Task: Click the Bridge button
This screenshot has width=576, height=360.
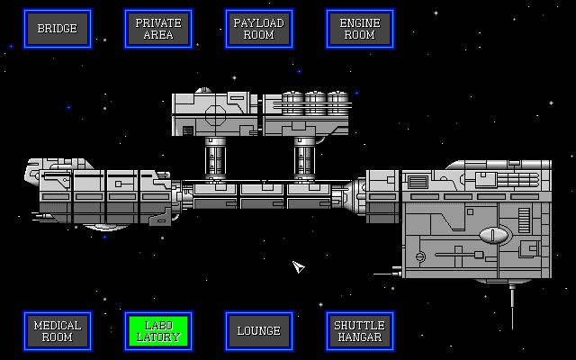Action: click(x=57, y=29)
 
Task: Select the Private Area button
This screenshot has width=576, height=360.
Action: click(x=157, y=29)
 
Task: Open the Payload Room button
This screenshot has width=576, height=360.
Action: click(x=258, y=29)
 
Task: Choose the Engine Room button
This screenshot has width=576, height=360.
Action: click(x=359, y=29)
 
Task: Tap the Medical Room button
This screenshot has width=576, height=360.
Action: click(x=57, y=331)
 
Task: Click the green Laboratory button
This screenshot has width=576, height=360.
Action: click(x=157, y=331)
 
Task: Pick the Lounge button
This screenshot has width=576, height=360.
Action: click(x=258, y=331)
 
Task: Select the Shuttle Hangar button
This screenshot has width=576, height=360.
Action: click(x=359, y=331)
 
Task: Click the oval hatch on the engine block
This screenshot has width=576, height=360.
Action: click(x=494, y=236)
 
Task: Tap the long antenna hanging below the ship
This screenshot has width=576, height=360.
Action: click(x=512, y=306)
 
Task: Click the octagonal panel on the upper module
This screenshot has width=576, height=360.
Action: click(x=215, y=115)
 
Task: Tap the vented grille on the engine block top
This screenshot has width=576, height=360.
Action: click(x=419, y=181)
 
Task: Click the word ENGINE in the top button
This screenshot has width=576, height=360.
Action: click(x=359, y=22)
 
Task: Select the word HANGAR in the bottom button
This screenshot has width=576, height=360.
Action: click(x=359, y=337)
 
